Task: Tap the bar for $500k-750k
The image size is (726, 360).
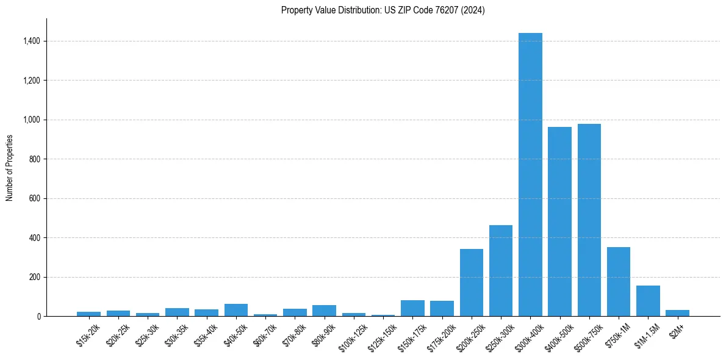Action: point(589,220)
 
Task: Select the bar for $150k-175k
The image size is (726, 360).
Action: point(412,308)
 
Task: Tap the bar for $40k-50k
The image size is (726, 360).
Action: point(236,310)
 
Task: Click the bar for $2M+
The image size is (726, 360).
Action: point(677,313)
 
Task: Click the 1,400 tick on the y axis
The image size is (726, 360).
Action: point(32,41)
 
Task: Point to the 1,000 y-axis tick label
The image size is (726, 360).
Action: point(32,120)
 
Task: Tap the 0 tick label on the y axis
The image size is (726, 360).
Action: point(38,316)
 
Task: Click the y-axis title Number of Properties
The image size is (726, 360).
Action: point(9,167)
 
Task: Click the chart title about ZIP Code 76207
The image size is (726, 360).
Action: point(383,10)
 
